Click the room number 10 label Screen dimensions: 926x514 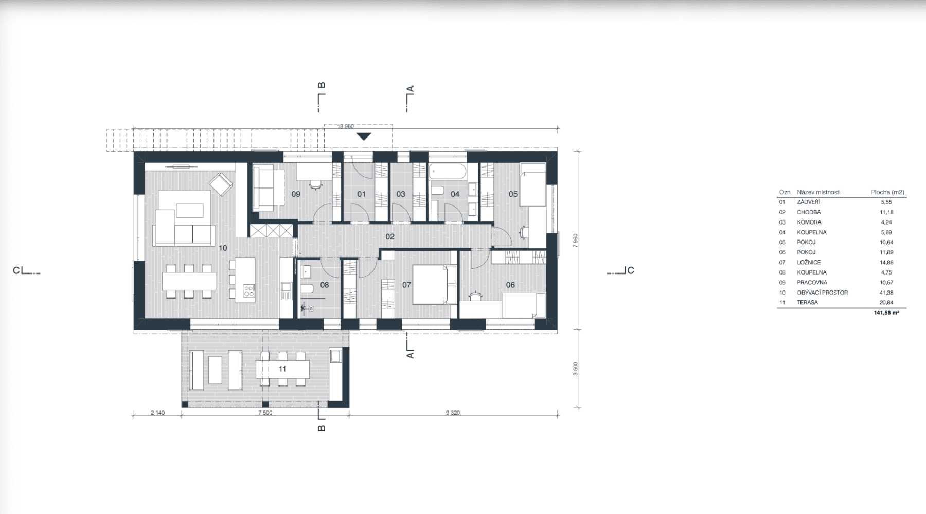coord(222,248)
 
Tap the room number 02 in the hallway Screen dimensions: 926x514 coord(390,236)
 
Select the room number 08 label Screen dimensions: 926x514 coord(324,285)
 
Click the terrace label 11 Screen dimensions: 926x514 coord(282,369)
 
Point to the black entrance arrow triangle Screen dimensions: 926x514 coord(364,136)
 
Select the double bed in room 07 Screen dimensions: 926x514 coord(434,284)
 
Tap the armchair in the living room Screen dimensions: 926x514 coord(222,184)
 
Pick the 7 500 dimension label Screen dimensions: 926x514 coord(265,413)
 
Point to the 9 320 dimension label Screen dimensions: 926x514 coord(452,413)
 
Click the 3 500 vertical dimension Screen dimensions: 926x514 coord(576,369)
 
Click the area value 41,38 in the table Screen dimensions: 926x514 coord(886,293)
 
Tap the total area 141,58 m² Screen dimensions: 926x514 coord(886,312)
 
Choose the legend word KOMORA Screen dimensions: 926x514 coord(809,222)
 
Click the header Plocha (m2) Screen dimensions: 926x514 coord(888,192)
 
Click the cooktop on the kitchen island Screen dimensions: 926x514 coord(248,292)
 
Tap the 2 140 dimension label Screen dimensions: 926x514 coord(157,413)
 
